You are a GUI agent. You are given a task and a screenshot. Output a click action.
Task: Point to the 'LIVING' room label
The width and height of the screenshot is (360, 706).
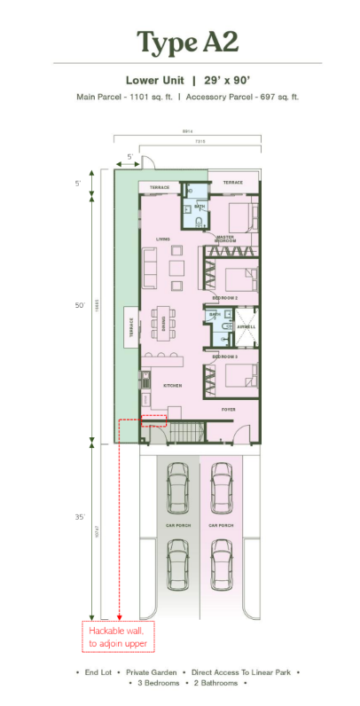[x=162, y=239]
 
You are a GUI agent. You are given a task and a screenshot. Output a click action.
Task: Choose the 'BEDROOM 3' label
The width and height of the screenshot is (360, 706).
[x=225, y=356]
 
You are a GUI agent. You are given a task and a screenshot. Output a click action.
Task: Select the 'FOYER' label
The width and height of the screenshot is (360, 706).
[x=229, y=410]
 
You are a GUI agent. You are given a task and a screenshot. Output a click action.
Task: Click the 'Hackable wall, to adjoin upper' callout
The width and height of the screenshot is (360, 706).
[x=119, y=636]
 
